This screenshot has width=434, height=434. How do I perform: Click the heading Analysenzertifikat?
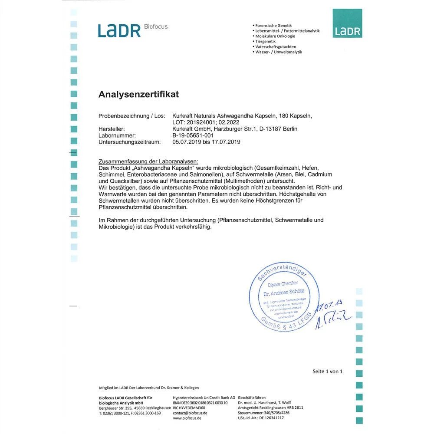click(x=138, y=94)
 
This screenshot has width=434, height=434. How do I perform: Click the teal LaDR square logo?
click(x=347, y=23)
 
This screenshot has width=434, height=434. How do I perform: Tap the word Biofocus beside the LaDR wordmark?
click(x=155, y=27)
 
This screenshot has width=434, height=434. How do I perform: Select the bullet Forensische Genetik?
click(x=273, y=26)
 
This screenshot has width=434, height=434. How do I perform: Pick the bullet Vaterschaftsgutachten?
click(x=276, y=46)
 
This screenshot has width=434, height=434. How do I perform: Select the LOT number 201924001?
click(x=201, y=122)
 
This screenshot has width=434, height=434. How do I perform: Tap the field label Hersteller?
click(x=112, y=129)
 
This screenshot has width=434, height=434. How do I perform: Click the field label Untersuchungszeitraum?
click(x=129, y=142)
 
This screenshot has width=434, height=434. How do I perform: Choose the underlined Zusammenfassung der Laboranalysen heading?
click(x=148, y=161)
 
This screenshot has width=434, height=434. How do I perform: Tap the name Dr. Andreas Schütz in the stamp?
click(x=281, y=294)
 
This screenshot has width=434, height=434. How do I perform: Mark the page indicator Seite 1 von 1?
click(x=328, y=372)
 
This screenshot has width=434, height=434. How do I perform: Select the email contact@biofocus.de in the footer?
click(x=190, y=413)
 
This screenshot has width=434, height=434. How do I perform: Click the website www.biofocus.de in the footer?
click(x=187, y=418)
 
